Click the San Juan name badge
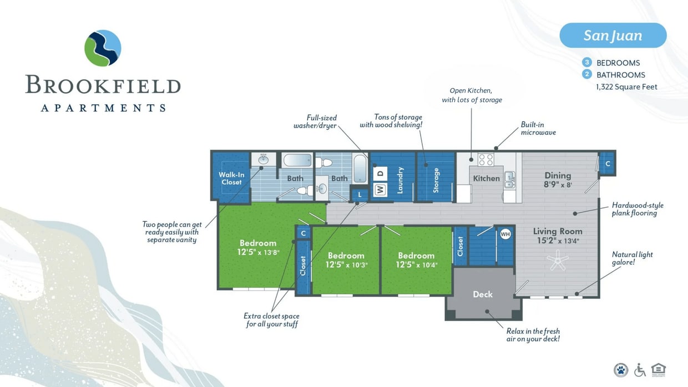pyautogui.click(x=613, y=35)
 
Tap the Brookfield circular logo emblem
pyautogui.click(x=103, y=48)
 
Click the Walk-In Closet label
pyautogui.click(x=231, y=179)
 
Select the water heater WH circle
pyautogui.click(x=505, y=233)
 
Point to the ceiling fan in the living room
pyautogui.click(x=558, y=259)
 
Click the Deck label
pyautogui.click(x=482, y=294)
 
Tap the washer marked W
pyautogui.click(x=380, y=190)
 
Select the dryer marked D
pyautogui.click(x=380, y=174)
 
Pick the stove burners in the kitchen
pyautogui.click(x=486, y=160)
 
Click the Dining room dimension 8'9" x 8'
pyautogui.click(x=558, y=185)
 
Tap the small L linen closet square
pyautogui.click(x=360, y=195)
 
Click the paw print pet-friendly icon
pyautogui.click(x=620, y=370)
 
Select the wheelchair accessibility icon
pyautogui.click(x=640, y=370)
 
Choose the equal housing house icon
pyautogui.click(x=659, y=369)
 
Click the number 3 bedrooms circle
pyautogui.click(x=587, y=63)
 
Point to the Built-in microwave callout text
pyautogui.click(x=538, y=129)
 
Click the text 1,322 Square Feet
pyautogui.click(x=626, y=87)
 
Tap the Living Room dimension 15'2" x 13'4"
pyautogui.click(x=558, y=241)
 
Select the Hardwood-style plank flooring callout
pyautogui.click(x=637, y=209)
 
